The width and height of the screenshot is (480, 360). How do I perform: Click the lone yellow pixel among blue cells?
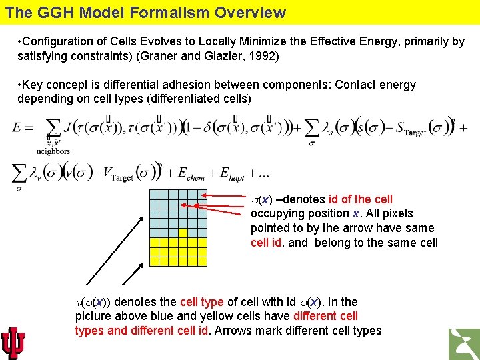pyautogui.click(x=183, y=233)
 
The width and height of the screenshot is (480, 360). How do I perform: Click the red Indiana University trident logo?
pyautogui.click(x=14, y=343)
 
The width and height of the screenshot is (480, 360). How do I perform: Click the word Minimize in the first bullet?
pyautogui.click(x=253, y=41)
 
